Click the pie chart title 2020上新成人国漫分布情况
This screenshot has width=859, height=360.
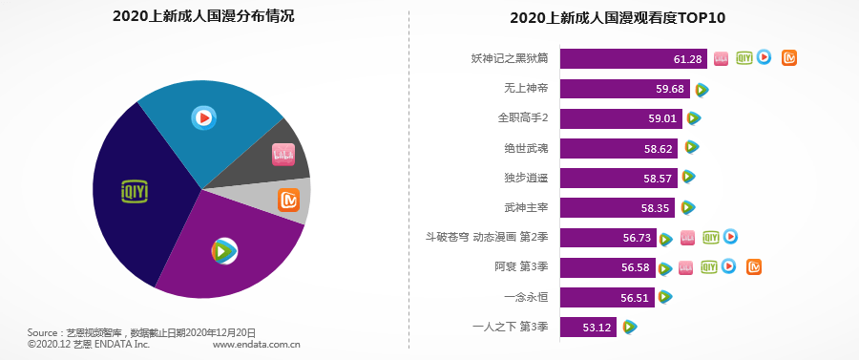203,16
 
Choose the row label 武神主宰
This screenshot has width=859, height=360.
525,207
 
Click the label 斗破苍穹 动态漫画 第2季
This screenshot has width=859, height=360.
487,237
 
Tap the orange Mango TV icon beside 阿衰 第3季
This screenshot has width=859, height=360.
753,266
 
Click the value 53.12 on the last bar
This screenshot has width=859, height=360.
597,328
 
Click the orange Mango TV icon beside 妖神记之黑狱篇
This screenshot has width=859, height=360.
788,58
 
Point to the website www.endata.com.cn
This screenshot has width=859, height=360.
257,344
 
